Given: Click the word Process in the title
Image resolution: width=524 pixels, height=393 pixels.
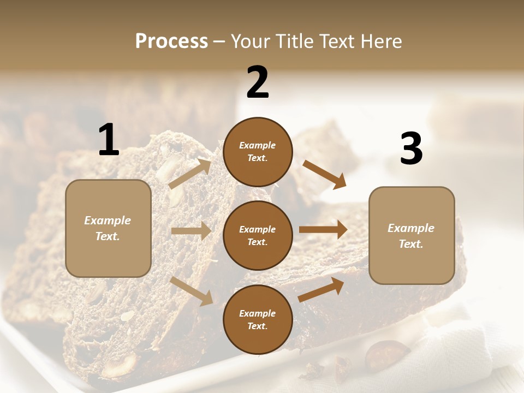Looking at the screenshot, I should point(171,41).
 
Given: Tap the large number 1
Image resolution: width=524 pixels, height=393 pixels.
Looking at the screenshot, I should point(109,140).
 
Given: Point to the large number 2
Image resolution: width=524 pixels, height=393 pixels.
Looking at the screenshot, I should point(258,82).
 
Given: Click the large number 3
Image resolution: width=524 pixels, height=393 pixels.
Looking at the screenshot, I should point(411,148).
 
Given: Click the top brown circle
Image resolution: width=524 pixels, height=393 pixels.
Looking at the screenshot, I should point(258,152).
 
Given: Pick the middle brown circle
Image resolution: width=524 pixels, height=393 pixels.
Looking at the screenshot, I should point(258,235).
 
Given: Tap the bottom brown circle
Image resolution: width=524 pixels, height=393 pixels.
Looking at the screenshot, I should point(258,319).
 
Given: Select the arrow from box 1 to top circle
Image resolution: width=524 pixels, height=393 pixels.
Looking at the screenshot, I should point(190,174).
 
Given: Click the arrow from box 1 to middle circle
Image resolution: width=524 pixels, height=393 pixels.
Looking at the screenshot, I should point(191,231).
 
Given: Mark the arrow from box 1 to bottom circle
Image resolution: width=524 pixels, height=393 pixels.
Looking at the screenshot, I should point(192,291).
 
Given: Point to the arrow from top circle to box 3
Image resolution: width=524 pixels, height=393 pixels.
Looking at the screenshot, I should point(325,174).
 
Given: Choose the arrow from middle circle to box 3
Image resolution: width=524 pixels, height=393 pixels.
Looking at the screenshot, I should point(323,230).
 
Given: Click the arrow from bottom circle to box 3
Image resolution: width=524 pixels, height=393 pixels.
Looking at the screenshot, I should point(321,290).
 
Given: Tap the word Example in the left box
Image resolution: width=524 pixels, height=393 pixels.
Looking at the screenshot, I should point(108,221).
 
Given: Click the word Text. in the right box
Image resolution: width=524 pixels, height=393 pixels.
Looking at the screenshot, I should point(411,244).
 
